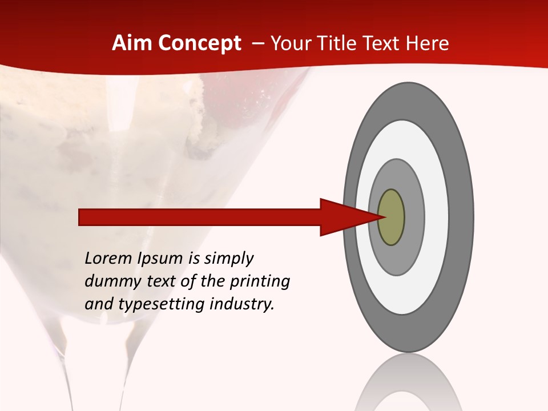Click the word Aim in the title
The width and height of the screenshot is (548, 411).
[x=132, y=43]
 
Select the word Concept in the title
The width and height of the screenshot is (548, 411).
[x=199, y=43]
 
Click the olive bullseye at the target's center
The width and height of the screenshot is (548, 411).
[x=391, y=217]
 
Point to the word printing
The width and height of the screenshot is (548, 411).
[x=259, y=282]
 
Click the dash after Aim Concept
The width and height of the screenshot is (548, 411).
[x=257, y=43]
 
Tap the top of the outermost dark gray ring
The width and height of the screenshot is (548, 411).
[x=408, y=100]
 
